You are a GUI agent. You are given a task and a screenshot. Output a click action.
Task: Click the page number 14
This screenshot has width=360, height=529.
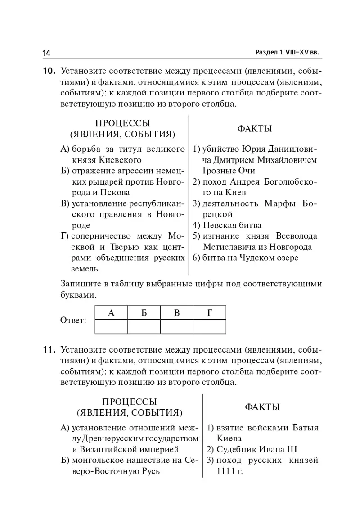point(47,53)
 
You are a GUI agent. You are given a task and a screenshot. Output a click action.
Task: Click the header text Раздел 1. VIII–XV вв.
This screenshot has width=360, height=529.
point(287,52)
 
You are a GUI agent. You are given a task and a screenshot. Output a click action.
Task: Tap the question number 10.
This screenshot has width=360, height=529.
point(49,72)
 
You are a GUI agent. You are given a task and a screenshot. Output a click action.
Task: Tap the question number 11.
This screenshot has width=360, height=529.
point(49,350)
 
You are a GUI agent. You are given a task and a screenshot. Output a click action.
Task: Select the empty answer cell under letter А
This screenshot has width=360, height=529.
point(111,326)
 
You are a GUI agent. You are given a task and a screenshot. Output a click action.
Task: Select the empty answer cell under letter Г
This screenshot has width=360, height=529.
point(209,326)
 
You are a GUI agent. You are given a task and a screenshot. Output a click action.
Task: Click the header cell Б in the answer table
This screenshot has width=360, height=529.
point(144,313)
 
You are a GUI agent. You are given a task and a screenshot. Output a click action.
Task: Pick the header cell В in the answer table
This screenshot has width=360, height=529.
point(177,313)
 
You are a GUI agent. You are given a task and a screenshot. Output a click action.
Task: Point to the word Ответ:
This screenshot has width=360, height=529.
point(73,321)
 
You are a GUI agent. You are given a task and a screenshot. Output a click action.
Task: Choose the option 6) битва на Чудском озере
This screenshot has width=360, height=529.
point(246,258)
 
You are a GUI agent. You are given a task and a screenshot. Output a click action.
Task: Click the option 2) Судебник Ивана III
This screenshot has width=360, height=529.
point(252,449)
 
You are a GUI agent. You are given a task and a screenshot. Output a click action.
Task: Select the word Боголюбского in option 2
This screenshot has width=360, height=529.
point(288,182)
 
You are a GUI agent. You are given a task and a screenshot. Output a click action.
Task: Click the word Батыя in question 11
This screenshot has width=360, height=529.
point(306,428)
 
